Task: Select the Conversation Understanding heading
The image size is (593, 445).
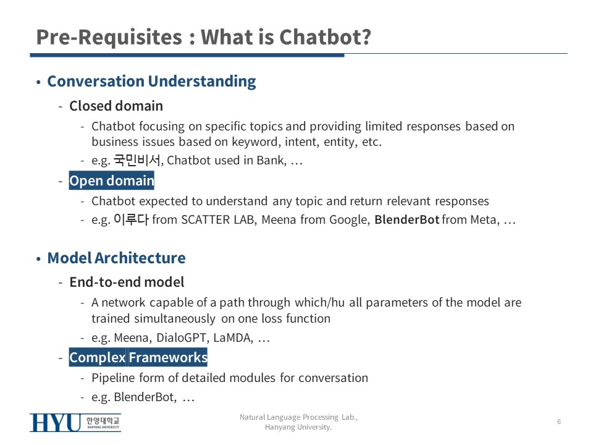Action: click(151, 82)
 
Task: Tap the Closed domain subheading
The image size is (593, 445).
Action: click(116, 106)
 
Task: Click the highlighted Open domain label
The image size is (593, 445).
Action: click(112, 180)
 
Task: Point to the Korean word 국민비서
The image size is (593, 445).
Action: click(137, 160)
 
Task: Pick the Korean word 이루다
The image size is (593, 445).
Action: click(131, 219)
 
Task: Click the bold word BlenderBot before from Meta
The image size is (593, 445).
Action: click(407, 219)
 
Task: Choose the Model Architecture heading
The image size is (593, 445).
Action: click(117, 258)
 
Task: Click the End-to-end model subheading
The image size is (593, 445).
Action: click(127, 282)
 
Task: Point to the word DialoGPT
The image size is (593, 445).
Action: click(181, 337)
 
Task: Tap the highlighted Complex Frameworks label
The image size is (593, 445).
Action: click(138, 357)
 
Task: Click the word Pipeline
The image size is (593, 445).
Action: click(113, 378)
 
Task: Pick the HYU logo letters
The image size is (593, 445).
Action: click(55, 423)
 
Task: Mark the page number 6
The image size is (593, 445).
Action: click(559, 422)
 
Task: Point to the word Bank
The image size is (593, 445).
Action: click(271, 161)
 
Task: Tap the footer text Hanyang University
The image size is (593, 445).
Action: click(298, 427)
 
